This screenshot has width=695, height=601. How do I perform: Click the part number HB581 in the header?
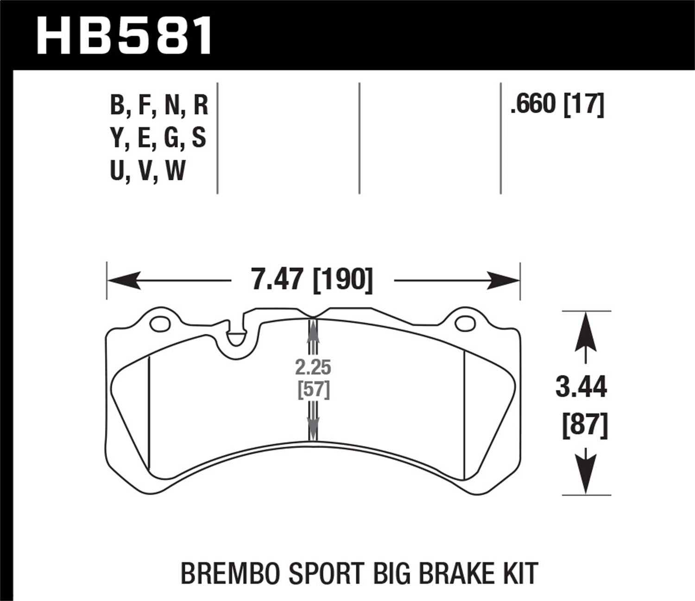(124, 36)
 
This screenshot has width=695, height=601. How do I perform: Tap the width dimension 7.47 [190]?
(311, 280)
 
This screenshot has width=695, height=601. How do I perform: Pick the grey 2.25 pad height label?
(313, 368)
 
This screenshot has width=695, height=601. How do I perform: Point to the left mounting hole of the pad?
(160, 323)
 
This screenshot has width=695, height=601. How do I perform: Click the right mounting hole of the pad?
(464, 324)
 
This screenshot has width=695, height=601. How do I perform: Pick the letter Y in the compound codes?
(116, 139)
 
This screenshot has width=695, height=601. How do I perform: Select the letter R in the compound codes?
(200, 105)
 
